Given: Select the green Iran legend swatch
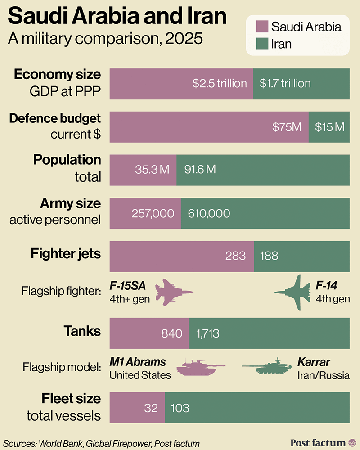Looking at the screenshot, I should pos(261,44).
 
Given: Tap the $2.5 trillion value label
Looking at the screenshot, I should pos(220,83).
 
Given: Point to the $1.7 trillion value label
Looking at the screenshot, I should pos(285,83).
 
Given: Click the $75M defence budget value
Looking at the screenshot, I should pos(287,127).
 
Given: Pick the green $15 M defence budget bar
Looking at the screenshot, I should pos(329,127).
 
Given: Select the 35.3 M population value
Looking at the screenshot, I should pos(152,170).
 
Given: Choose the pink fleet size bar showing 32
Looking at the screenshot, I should pos(137,408).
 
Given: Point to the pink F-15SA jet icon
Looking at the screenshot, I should pos(174,292).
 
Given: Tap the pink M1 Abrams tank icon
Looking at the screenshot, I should pos(200,368).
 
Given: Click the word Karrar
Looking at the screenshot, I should pos(314,362).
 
